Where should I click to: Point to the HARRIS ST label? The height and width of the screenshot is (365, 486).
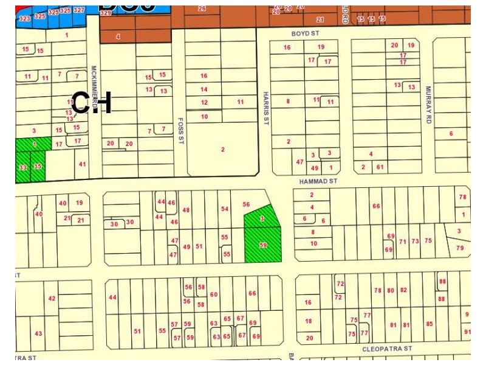265,108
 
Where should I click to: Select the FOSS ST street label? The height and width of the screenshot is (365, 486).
180,130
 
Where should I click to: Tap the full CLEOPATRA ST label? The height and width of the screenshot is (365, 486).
387,349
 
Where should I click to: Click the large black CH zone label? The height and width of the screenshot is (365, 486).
92,102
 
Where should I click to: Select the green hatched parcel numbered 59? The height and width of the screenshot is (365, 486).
263,245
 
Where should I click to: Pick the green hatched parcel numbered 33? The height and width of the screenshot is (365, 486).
23,167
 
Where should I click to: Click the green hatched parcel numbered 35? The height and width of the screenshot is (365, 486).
38,166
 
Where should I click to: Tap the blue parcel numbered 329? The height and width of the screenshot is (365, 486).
106,13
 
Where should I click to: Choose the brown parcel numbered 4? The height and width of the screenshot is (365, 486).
118,36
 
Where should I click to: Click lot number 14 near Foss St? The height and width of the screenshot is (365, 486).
204,89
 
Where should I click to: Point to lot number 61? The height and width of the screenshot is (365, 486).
380,167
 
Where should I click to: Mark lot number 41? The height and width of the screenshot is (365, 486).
83,164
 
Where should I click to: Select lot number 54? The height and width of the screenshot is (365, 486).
225,209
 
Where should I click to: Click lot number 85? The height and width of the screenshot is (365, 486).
430,324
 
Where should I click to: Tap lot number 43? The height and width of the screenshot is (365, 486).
38,333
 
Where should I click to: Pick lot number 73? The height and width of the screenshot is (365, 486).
415,242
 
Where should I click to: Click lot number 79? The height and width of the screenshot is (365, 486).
460,248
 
